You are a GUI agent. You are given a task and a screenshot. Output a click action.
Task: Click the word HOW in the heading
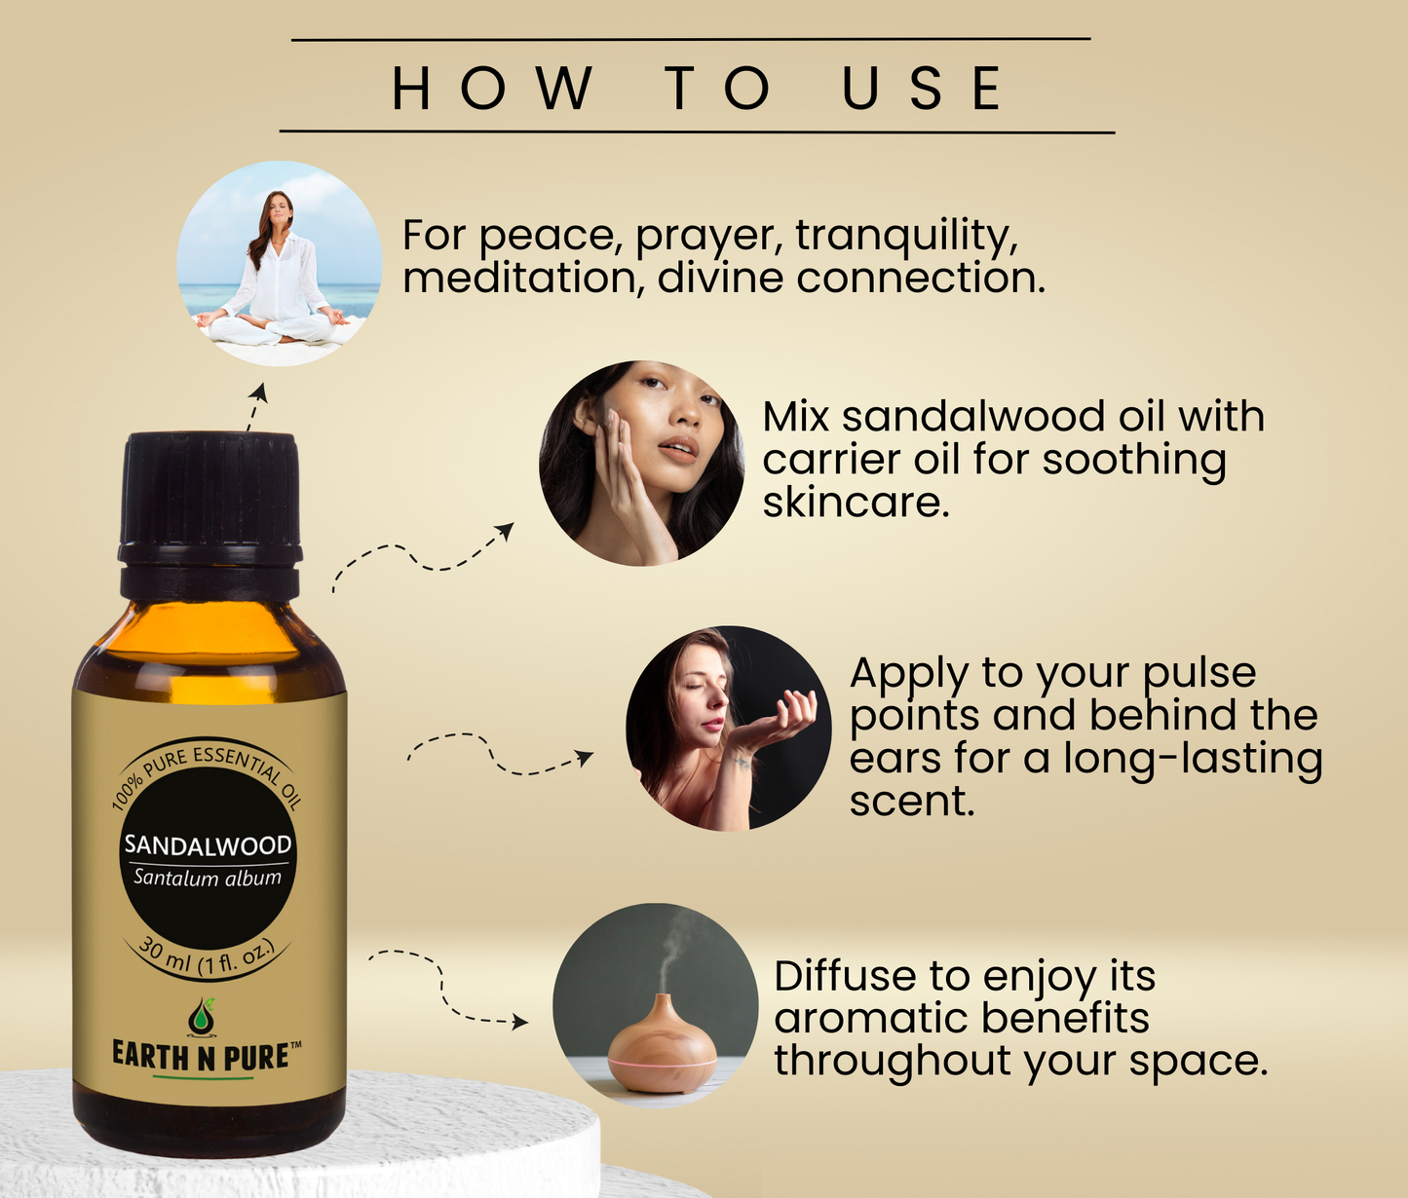point(492,88)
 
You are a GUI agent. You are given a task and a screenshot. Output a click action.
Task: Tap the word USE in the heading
point(922,88)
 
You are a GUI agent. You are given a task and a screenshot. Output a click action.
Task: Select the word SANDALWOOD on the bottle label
point(208,845)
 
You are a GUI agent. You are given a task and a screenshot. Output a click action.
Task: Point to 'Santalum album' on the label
point(208,878)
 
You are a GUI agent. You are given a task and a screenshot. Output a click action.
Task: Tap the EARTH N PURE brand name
point(202,1057)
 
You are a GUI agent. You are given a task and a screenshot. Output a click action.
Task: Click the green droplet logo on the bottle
point(202,1016)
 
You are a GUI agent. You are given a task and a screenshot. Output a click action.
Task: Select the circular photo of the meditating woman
point(280,263)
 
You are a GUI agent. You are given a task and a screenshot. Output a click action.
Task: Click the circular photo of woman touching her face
point(641,463)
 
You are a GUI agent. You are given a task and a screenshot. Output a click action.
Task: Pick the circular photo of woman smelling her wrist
point(728,728)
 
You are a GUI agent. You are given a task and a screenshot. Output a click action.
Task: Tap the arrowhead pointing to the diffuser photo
point(521,1022)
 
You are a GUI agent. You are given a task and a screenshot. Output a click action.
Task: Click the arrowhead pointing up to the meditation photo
point(259,391)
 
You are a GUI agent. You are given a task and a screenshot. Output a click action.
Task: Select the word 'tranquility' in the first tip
point(906,237)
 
